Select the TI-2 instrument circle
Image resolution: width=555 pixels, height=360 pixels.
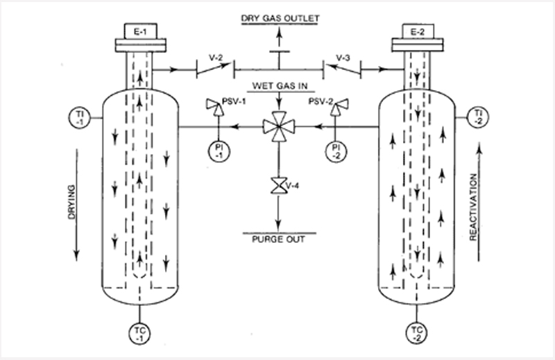pyautogui.click(x=477, y=115)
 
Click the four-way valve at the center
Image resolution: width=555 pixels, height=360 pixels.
pyautogui.click(x=277, y=127)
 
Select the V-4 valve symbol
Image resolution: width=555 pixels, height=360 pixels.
pyautogui.click(x=277, y=186)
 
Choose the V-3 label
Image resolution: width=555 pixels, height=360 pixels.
pyautogui.click(x=343, y=58)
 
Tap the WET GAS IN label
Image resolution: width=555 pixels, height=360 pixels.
pyautogui.click(x=277, y=87)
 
